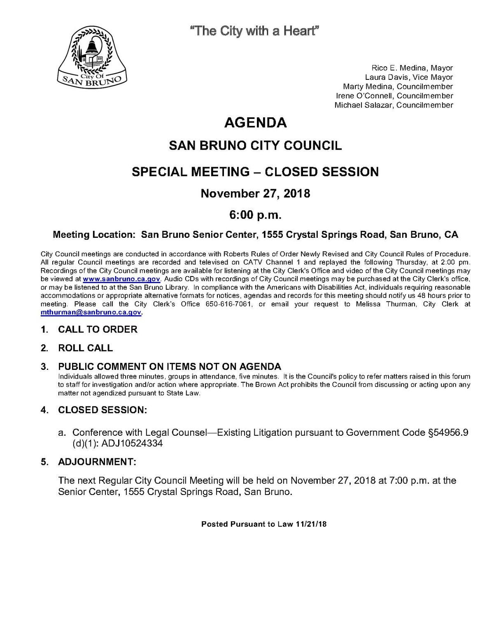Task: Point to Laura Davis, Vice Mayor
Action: [x=409, y=77]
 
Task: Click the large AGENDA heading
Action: [x=255, y=123]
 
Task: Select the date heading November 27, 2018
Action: [x=255, y=193]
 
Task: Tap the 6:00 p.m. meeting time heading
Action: [x=255, y=215]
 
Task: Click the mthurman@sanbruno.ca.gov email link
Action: [x=91, y=312]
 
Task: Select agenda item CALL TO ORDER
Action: [x=98, y=329]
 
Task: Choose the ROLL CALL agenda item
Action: [x=85, y=348]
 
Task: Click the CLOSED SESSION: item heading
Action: [x=103, y=410]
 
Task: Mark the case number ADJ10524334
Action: [x=133, y=444]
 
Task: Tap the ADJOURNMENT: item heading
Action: [x=97, y=462]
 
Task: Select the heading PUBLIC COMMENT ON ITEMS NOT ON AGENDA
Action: [x=169, y=366]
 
